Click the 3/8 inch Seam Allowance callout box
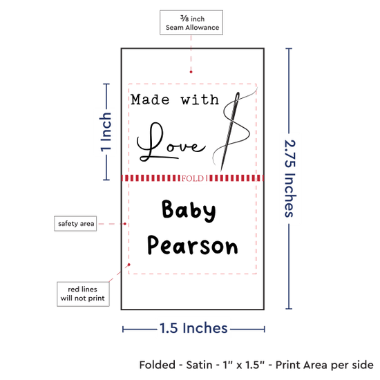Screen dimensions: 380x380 191,22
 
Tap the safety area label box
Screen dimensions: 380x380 75,223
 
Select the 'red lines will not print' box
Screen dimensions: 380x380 83,294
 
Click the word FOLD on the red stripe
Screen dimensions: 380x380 193,179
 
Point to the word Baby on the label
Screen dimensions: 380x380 189,210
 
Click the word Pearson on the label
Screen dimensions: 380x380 193,245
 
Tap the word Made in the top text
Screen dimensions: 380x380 150,99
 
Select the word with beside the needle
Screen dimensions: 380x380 200,99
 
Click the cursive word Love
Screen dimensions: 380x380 171,142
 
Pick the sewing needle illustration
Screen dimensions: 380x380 230,131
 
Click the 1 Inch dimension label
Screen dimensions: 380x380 106,132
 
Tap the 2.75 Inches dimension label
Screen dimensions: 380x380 290,178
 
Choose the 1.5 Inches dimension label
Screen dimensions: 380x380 193,328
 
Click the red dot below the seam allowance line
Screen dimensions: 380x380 191,72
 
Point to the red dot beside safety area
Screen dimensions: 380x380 125,224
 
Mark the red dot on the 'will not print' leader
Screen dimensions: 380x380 129,265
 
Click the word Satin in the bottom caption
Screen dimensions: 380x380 199,365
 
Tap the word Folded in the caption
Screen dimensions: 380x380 158,365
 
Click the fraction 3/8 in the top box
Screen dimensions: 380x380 184,18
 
